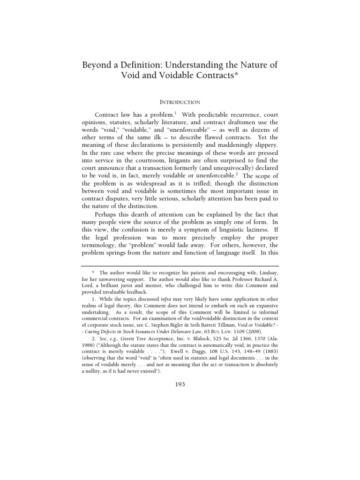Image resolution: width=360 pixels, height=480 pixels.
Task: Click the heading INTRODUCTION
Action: click(x=180, y=102)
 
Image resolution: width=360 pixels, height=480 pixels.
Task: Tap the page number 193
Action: click(x=180, y=384)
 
